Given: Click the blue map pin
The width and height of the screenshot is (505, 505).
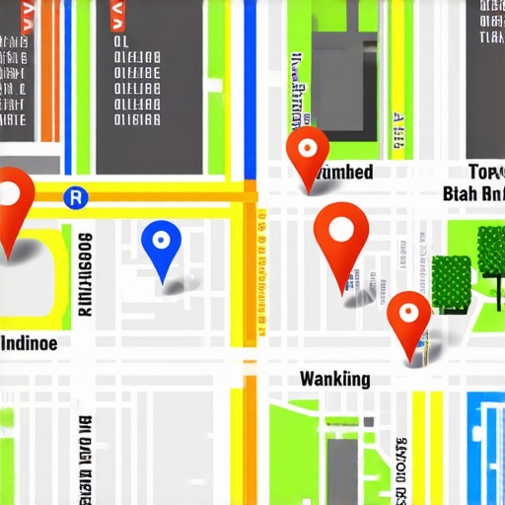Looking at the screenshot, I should click(x=161, y=247).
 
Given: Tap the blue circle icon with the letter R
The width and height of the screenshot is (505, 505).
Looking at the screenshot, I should click(x=73, y=197).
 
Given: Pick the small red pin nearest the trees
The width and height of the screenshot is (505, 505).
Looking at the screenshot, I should click(x=408, y=321).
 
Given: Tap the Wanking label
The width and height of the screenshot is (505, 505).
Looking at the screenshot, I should click(x=334, y=379).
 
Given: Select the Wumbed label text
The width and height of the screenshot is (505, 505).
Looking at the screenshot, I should click(x=340, y=173).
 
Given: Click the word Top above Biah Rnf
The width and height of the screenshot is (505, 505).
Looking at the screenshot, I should click(x=484, y=170).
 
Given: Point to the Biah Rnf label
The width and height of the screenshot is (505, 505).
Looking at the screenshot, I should click(x=474, y=193).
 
